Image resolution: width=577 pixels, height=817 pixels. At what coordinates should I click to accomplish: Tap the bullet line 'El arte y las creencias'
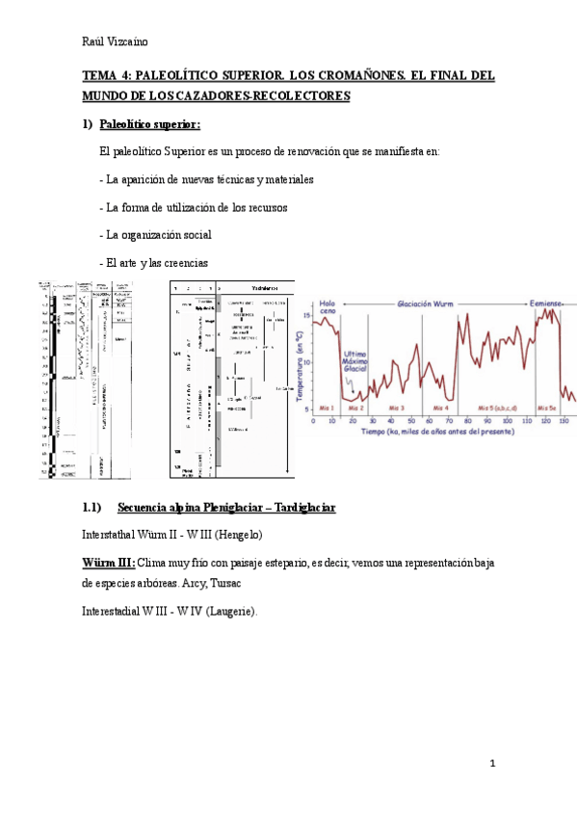pos(153,263)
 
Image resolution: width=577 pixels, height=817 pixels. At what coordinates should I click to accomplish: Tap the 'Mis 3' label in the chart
pos(394,408)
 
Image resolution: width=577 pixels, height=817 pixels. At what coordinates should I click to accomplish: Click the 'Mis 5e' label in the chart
pos(548,408)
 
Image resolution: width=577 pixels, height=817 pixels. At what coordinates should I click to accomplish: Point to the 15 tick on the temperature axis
pos(307,314)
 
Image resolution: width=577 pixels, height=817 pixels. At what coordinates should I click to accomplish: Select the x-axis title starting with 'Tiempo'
pos(437,432)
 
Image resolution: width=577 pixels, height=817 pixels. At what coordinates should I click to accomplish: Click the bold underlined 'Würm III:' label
pos(109,562)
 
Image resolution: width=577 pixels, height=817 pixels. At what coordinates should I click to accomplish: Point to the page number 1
pos(491,764)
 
